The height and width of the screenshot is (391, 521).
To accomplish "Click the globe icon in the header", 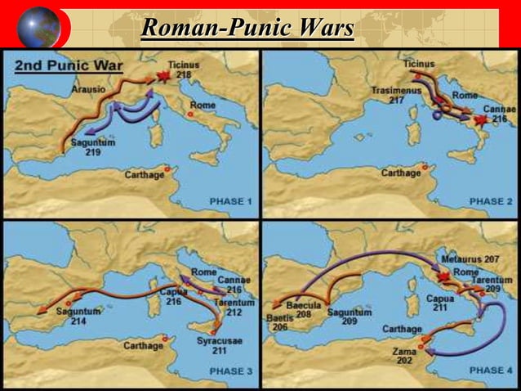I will [38, 27].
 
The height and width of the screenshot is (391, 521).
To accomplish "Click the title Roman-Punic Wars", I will [247, 28].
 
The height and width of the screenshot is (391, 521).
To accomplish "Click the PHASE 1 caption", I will [231, 200].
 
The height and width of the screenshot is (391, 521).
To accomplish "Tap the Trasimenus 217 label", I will [386, 95].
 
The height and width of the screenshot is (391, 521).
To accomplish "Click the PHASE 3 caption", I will [231, 371].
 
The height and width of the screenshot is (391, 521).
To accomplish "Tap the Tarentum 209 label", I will [492, 285].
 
